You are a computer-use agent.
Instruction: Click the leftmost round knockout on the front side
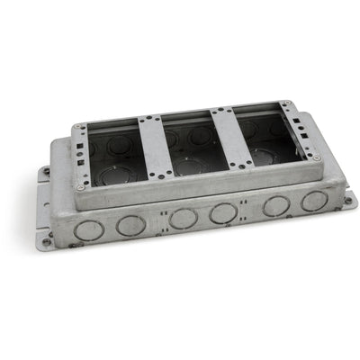pyautogui.click(x=89, y=229)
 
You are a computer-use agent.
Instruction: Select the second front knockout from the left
pyautogui.click(x=131, y=225)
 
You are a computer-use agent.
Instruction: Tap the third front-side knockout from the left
pyautogui.click(x=184, y=219)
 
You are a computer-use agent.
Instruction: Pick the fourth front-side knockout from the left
pyautogui.click(x=224, y=213)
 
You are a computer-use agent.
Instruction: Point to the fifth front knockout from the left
pyautogui.click(x=276, y=204)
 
